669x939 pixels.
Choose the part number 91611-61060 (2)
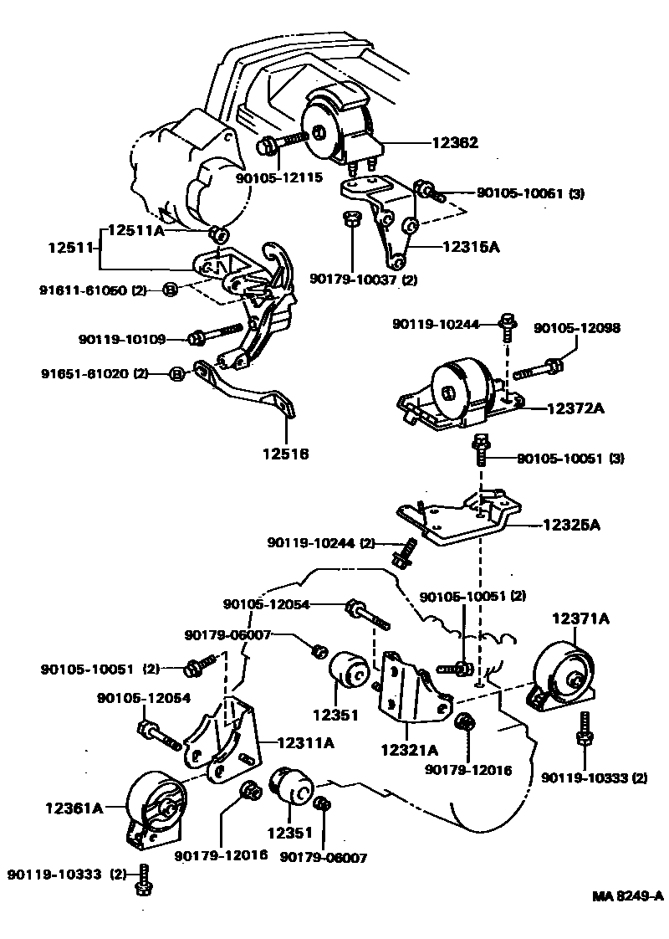coord(92,290)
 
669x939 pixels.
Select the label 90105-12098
coord(577,329)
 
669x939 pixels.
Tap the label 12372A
coord(576,408)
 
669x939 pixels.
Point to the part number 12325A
coord(572,526)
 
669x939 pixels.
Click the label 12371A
coord(580,618)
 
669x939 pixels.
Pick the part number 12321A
coord(409,751)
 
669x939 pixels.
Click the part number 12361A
coord(74,808)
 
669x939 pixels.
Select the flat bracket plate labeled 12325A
coord(456,519)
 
